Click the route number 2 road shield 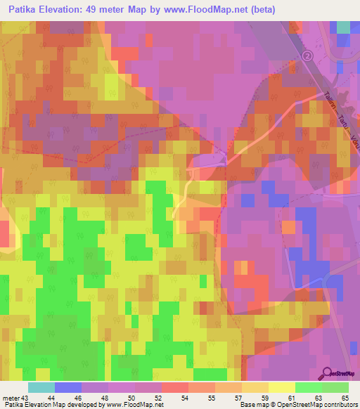click(307, 56)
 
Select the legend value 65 click(345, 398)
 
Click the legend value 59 click(266, 398)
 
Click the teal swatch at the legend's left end click(41, 387)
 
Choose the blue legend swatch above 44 click(67, 387)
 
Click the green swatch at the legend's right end click(335, 387)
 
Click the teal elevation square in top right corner click(343, 26)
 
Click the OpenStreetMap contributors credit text click(319, 405)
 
